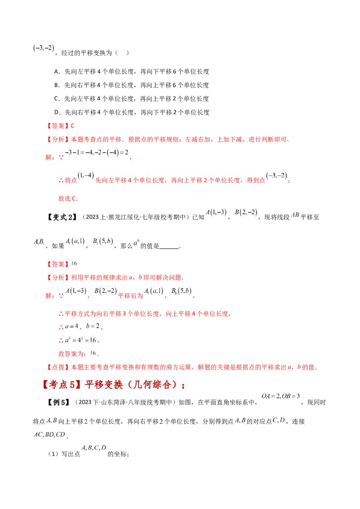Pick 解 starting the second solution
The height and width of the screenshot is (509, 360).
pos(47,296)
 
